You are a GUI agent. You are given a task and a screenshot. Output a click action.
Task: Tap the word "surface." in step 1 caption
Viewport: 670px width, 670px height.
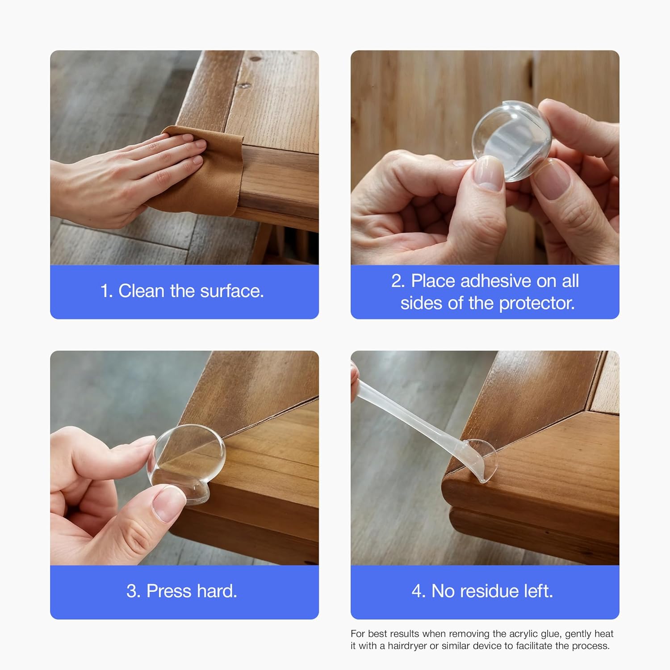(232, 291)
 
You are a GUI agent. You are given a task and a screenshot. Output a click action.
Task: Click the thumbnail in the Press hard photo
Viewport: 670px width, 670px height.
(167, 503)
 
